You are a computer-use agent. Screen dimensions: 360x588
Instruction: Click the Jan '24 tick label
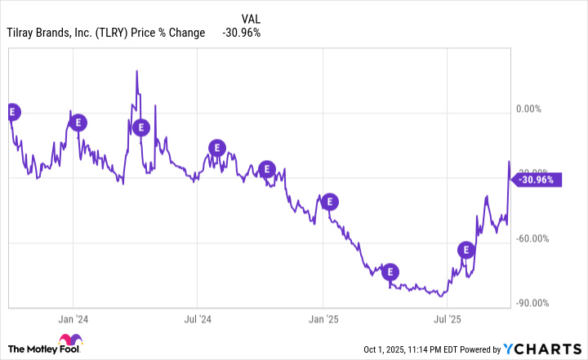tap(73, 318)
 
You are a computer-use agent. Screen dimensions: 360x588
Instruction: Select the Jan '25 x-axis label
tap(323, 318)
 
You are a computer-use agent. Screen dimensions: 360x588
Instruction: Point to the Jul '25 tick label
tap(447, 318)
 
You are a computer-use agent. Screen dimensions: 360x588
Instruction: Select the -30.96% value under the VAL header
tap(242, 33)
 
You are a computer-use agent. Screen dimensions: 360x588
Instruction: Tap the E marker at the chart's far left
tap(11, 111)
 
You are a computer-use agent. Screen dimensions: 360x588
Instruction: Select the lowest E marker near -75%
tap(390, 271)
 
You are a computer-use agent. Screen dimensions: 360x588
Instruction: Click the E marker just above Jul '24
tap(216, 148)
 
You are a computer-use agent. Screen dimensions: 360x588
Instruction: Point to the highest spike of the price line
tap(136, 71)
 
